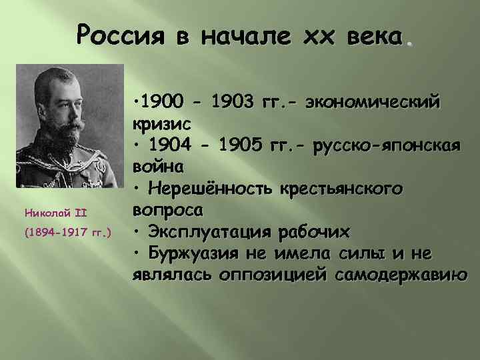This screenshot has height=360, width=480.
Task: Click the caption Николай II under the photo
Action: pos(53,213)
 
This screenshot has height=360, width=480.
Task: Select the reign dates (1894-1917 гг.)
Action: pos(67,234)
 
